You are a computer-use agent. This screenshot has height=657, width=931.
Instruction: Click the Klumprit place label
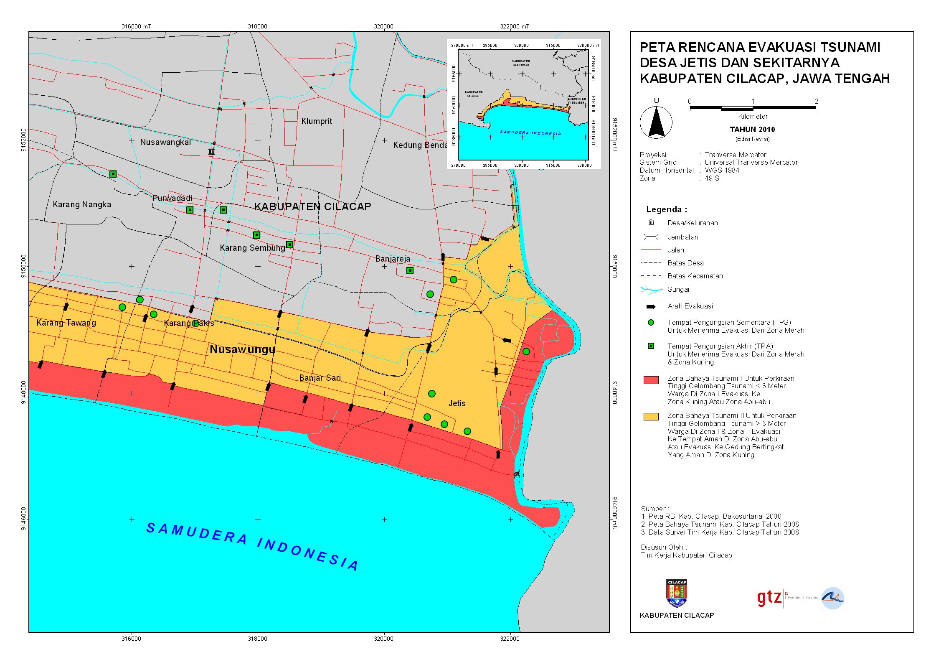[x=317, y=121]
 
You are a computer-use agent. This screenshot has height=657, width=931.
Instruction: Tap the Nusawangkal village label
[x=165, y=142]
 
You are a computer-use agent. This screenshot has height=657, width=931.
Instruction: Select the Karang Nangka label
[x=82, y=204]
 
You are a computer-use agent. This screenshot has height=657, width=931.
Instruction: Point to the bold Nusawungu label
[x=242, y=349]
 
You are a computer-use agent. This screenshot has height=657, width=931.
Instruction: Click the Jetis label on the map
[x=457, y=403]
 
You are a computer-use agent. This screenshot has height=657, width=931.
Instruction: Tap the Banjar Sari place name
[x=320, y=378]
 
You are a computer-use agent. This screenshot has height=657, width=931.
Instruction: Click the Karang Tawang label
[x=66, y=323]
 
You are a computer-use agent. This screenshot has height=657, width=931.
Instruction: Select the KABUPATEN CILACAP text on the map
[x=312, y=206]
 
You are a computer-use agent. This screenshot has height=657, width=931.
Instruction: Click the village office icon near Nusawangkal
[x=211, y=151]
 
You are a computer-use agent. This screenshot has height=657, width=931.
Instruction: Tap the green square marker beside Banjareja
[x=410, y=270]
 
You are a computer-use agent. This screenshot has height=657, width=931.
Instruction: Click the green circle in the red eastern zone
[x=526, y=351]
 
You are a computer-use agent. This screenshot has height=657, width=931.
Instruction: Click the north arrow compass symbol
[x=656, y=122]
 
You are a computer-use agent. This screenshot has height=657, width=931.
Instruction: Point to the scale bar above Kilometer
[x=753, y=109]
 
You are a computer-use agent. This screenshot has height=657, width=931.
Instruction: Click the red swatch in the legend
[x=651, y=380]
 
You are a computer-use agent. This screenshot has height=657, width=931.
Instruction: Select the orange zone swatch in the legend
[x=651, y=417]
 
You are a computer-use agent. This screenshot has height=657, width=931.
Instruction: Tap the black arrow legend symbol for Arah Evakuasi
[x=651, y=306]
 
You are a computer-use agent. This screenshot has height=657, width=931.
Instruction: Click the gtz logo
[x=769, y=598]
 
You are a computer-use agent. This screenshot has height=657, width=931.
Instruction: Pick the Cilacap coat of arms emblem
[x=677, y=593]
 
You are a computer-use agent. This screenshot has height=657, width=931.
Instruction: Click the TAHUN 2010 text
[x=752, y=130]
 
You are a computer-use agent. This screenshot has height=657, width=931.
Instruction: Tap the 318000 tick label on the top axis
[x=257, y=26]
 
